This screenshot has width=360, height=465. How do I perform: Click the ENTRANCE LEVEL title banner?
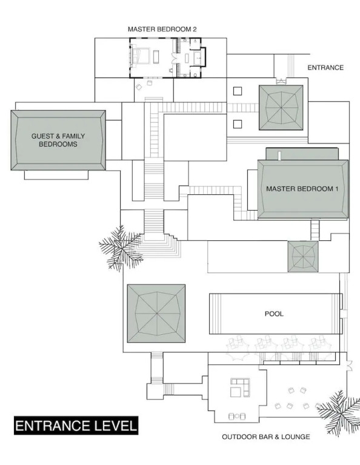[76, 426]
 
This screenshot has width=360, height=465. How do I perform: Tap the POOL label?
[274, 314]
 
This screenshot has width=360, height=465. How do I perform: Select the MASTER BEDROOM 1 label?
[302, 189]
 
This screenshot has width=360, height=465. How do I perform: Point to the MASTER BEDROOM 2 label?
[162, 29]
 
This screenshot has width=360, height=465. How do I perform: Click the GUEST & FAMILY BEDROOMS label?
[58, 140]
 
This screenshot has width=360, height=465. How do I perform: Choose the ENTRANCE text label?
[325, 68]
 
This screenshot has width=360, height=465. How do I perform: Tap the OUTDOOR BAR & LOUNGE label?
[266, 437]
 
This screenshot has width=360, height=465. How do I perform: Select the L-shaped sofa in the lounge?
[241, 387]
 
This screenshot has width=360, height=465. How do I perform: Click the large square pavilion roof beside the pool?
[156, 313]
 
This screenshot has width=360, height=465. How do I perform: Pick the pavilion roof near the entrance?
[281, 108]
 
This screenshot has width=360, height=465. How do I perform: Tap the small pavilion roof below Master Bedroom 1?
[302, 257]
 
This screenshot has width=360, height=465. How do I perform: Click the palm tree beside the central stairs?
[122, 247]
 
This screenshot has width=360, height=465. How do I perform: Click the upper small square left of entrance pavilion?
[238, 91]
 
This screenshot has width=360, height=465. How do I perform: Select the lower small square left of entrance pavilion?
[238, 124]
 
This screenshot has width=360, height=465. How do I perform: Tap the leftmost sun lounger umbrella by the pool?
[238, 349]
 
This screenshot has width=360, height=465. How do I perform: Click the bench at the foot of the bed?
[156, 56]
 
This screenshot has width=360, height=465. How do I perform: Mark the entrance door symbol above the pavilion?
[281, 81]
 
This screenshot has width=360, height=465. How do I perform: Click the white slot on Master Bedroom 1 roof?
[279, 156]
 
